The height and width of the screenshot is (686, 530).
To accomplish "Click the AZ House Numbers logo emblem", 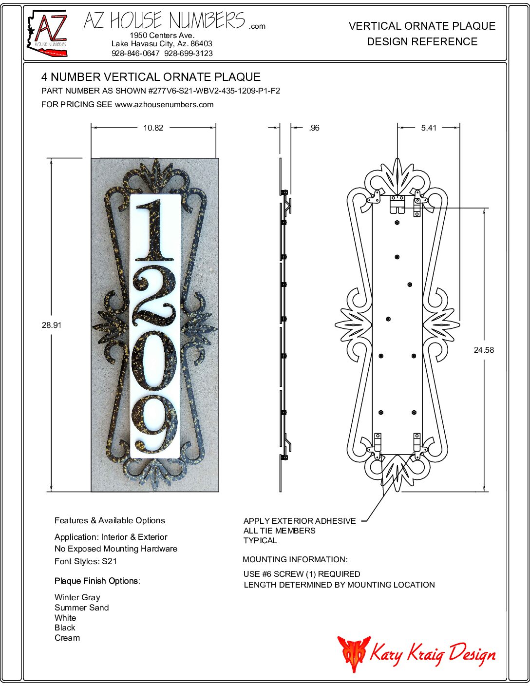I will point(47,33).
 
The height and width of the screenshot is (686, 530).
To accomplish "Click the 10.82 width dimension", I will point(153,128).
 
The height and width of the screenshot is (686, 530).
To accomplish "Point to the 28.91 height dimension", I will point(52,325).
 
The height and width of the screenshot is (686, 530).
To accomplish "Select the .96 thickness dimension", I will point(314,128).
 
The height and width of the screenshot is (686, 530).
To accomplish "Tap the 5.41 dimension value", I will point(429,128).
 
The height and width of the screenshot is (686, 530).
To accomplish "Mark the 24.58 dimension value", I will point(484,350).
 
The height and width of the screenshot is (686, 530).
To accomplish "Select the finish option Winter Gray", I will point(77,597).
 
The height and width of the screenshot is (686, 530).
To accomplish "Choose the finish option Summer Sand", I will point(82,608).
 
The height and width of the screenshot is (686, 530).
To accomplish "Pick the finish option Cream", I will point(67,638).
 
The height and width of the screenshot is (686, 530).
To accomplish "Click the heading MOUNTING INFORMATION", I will point(295,559).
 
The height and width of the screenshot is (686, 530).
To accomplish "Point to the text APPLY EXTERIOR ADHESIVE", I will point(300,521).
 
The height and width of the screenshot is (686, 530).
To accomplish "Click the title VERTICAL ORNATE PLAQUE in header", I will point(422,26).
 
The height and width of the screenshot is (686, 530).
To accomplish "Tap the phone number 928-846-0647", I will point(135,54).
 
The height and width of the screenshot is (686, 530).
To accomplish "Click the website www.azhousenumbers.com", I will point(164,104).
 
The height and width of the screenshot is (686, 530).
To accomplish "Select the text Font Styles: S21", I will point(86,561).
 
